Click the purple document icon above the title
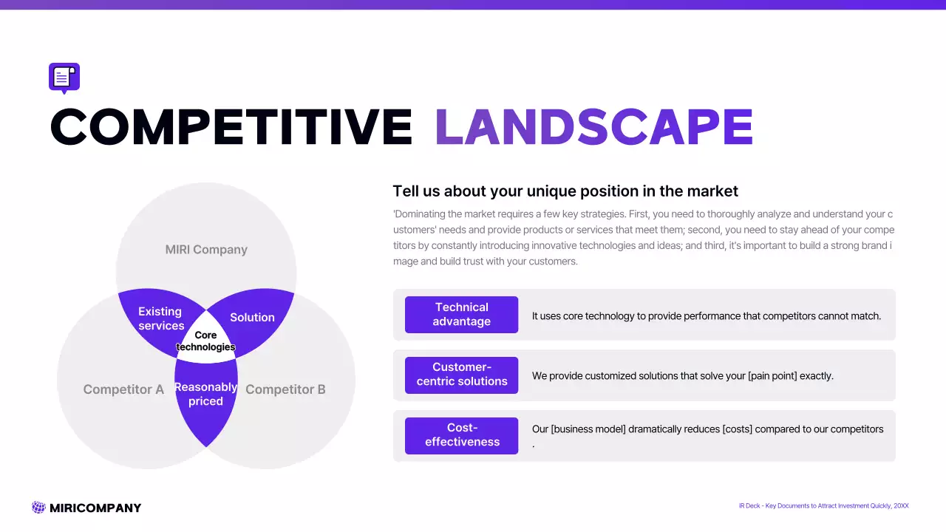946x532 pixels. click(x=64, y=78)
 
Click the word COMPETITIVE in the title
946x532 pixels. click(x=231, y=126)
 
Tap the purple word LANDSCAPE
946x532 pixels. click(x=594, y=126)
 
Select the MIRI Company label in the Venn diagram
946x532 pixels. click(x=206, y=250)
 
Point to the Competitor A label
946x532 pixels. click(x=123, y=389)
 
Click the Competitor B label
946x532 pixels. click(x=285, y=389)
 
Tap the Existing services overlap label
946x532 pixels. click(x=161, y=318)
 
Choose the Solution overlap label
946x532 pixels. click(x=252, y=318)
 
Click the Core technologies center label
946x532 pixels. click(x=205, y=341)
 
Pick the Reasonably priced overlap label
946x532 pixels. click(x=205, y=394)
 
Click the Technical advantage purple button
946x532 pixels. click(x=462, y=315)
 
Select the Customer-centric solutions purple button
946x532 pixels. click(x=462, y=375)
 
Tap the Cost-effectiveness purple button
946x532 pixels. click(x=462, y=436)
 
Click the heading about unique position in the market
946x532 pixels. click(x=565, y=191)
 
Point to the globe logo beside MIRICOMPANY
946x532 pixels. click(x=38, y=507)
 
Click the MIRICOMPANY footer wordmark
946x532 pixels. click(x=95, y=508)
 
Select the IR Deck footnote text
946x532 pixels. click(x=823, y=506)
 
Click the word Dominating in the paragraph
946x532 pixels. click(x=419, y=214)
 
